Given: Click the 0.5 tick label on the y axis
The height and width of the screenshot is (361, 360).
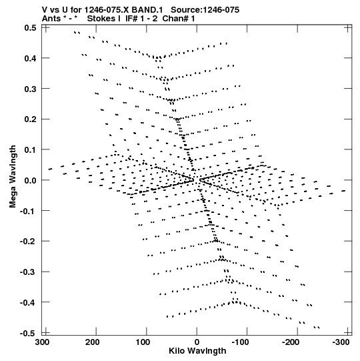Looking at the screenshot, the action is click(30, 28).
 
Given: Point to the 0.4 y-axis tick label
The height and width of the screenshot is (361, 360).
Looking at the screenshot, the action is click(30, 58).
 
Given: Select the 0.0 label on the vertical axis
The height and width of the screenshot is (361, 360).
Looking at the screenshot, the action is click(30, 180).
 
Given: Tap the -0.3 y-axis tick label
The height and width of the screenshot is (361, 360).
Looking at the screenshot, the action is click(28, 272).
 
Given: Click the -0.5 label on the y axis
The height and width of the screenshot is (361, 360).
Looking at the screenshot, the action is click(28, 333).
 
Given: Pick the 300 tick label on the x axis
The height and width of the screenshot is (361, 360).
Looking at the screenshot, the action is click(42, 342).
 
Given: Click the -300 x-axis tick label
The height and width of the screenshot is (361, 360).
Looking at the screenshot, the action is click(341, 342).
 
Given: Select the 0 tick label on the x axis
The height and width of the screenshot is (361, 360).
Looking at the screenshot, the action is click(197, 342).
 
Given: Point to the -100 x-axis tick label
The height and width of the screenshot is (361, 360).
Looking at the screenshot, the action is click(240, 342).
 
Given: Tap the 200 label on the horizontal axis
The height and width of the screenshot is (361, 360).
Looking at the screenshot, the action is click(93, 342).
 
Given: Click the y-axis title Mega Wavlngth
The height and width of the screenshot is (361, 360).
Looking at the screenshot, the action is click(13, 177).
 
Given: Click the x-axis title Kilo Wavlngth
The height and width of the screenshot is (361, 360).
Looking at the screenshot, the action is click(197, 351).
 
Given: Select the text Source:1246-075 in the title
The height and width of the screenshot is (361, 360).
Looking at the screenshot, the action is click(205, 10).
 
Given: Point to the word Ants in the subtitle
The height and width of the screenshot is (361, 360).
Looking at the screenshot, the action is click(51, 19).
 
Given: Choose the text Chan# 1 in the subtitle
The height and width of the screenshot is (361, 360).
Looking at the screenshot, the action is click(179, 19).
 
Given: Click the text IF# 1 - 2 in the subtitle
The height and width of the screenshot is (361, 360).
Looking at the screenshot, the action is click(141, 19).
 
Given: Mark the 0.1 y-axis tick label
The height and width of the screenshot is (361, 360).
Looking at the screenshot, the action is click(30, 150).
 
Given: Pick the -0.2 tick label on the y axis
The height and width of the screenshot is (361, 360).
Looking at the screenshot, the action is click(28, 242).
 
